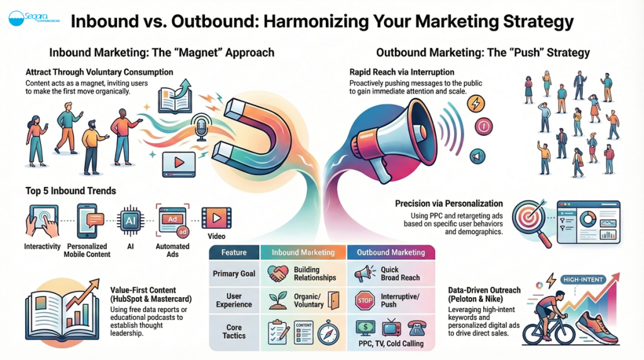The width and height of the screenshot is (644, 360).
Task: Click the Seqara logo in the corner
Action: point(34,18)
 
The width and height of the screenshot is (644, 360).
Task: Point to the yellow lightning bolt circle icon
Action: point(475,104)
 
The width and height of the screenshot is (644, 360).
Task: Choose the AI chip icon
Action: point(131,221)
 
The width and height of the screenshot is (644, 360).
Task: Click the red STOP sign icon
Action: point(365,301)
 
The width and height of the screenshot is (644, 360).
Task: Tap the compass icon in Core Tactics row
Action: point(328,332)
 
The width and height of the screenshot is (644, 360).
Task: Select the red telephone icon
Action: point(416,329)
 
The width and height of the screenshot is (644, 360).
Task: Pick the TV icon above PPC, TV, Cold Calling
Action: point(391,327)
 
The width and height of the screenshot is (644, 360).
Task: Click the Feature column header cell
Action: point(234,252)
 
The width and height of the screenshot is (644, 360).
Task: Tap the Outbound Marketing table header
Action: point(391,252)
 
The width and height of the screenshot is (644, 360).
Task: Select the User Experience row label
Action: point(234,300)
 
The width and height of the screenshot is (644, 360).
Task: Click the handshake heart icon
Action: point(278,273)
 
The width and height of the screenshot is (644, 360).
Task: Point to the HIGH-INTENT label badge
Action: point(583,279)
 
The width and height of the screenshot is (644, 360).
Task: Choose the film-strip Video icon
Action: point(216,218)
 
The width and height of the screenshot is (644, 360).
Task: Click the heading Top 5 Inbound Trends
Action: point(70,191)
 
